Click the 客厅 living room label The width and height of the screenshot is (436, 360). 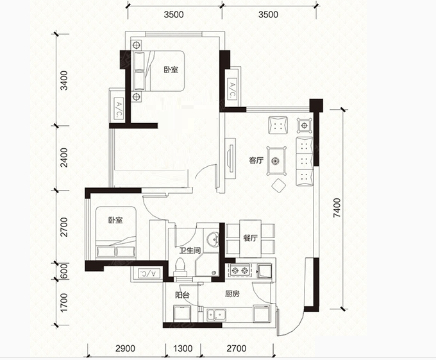(x=256, y=160)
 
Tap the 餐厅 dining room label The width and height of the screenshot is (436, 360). (x=250, y=238)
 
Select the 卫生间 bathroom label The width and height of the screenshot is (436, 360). (x=190, y=250)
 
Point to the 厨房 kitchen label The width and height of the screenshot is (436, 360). (x=232, y=294)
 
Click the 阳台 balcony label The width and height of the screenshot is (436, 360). (x=182, y=295)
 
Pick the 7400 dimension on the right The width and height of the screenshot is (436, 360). (x=337, y=208)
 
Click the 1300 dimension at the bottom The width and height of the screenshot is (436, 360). (x=183, y=348)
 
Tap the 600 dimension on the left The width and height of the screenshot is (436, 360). (x=63, y=271)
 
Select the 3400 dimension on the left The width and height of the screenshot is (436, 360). (x=63, y=80)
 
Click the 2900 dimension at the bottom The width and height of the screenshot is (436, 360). (x=125, y=348)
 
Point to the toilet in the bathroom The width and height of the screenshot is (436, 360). (x=180, y=268)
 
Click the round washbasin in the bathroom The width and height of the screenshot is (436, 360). (x=212, y=239)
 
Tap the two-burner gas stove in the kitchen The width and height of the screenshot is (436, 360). (x=240, y=270)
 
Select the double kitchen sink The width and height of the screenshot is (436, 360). (x=216, y=314)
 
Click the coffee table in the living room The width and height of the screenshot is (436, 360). (x=276, y=161)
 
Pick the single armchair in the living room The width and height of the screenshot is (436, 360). (x=278, y=125)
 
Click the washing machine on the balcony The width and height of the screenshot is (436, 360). (x=182, y=313)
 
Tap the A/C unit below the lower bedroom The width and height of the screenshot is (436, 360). (x=149, y=273)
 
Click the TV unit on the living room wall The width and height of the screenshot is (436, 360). (x=230, y=158)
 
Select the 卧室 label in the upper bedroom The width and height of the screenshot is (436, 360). (x=171, y=69)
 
